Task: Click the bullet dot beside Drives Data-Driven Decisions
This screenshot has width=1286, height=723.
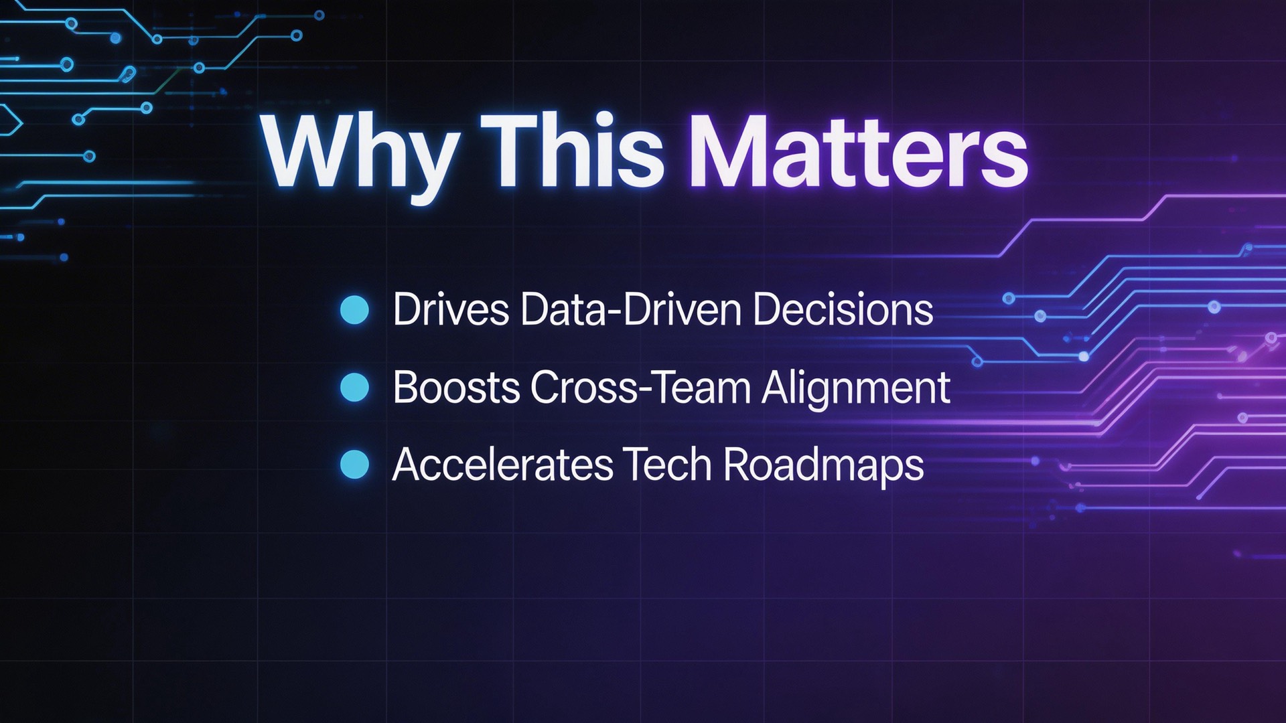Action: (354, 310)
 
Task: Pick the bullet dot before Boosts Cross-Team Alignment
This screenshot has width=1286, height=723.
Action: (354, 388)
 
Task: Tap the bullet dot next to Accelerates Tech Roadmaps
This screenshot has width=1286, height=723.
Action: (354, 465)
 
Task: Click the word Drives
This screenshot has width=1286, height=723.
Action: (451, 310)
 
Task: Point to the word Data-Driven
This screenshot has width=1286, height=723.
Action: (630, 310)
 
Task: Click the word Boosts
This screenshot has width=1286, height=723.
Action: (456, 388)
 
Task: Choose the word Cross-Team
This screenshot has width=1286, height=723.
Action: (640, 388)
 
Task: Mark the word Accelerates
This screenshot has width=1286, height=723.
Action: (502, 465)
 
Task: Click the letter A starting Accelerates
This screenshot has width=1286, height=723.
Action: (407, 465)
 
